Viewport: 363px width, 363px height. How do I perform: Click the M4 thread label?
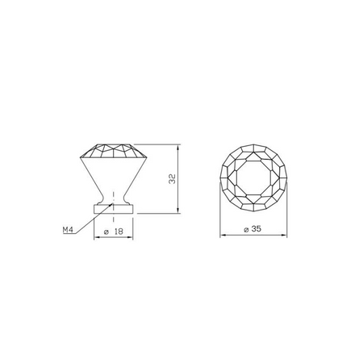pos(68,230)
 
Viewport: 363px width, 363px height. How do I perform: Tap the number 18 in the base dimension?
pos(119,232)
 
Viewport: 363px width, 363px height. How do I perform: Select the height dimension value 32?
pos(172,179)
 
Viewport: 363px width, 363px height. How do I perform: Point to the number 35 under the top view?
pos(257,229)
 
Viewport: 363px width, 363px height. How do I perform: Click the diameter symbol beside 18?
pos(106,232)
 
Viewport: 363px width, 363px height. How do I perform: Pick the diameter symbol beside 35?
pos(246,229)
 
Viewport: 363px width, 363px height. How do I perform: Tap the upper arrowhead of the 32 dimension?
pos(177,148)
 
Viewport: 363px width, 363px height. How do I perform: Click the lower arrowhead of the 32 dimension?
pos(177,211)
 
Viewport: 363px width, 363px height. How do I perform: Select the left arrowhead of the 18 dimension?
pos(97,237)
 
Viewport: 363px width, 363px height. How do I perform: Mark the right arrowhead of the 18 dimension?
pos(130,237)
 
